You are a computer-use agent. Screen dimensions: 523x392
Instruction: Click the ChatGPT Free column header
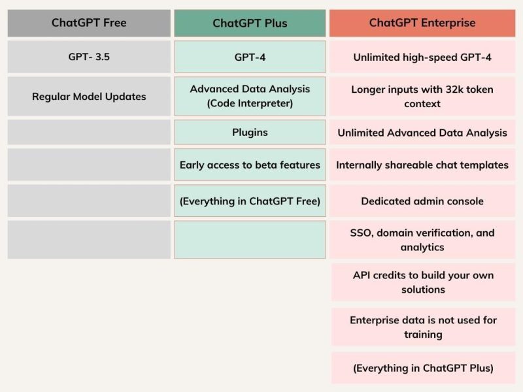(89, 23)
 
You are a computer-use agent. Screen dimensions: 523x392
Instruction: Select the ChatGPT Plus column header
(250, 23)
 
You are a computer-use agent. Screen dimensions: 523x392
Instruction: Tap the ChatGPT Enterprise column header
(422, 23)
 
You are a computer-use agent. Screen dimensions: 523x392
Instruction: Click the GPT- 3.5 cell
(89, 57)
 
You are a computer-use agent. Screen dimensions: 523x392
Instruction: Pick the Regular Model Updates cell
(89, 96)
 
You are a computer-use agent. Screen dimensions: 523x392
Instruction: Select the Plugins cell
(250, 133)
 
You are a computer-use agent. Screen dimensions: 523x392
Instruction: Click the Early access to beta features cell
(250, 165)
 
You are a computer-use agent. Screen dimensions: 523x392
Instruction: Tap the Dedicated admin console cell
(422, 201)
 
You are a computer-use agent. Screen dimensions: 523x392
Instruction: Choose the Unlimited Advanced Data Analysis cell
(422, 133)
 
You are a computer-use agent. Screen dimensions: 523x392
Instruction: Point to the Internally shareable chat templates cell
(422, 165)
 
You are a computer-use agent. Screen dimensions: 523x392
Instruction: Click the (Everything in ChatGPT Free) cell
(250, 201)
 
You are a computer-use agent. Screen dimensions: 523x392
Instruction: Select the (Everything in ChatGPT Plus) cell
(423, 368)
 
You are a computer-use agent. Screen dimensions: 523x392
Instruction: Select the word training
(423, 335)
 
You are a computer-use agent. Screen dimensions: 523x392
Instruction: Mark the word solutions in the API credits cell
(423, 289)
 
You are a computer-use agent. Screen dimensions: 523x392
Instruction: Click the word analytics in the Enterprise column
(422, 248)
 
